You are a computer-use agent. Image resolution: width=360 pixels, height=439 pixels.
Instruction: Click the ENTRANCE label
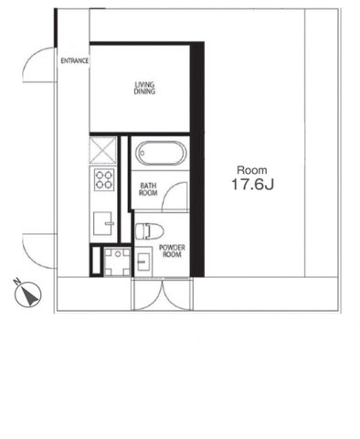74,61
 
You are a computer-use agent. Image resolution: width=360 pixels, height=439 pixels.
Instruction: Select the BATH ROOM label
149,189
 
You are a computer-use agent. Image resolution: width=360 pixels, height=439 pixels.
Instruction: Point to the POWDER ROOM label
173,252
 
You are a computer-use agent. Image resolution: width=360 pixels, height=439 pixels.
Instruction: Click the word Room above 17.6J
252,170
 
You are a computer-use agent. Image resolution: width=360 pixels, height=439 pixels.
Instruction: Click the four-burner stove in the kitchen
103,178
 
